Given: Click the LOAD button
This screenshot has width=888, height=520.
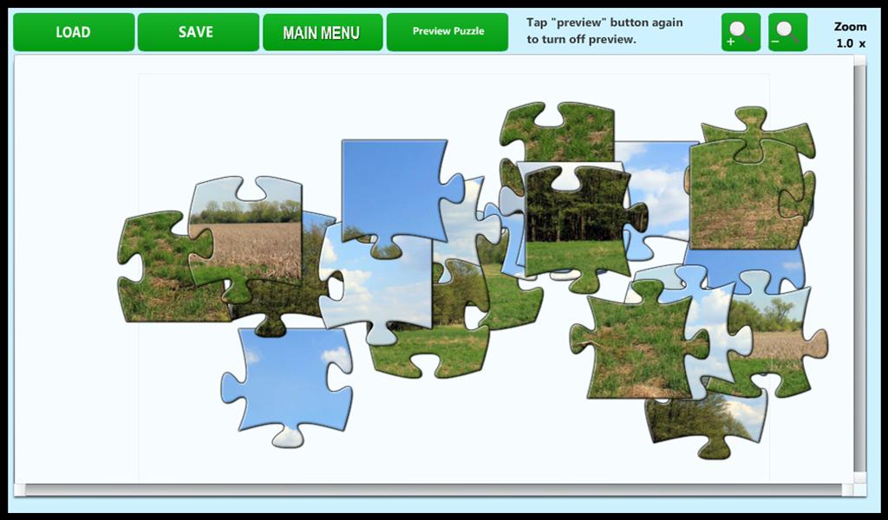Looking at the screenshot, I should click(x=74, y=32).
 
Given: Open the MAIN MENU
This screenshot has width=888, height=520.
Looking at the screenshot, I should click(x=322, y=33).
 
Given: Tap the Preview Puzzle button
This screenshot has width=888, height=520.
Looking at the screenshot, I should click(x=447, y=32).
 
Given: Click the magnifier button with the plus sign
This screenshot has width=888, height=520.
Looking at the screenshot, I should click(x=741, y=33).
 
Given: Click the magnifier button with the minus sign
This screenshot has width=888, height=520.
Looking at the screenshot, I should click(x=787, y=33).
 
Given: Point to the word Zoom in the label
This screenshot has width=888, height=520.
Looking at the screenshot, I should click(x=850, y=27).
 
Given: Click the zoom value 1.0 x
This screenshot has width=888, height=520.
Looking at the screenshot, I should click(x=850, y=43).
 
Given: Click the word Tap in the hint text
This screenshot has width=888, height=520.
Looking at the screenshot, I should click(x=537, y=23).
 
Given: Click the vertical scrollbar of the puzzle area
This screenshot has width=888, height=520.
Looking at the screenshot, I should click(x=859, y=260).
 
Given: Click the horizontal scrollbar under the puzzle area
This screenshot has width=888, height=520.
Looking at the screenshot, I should click(x=434, y=490).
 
